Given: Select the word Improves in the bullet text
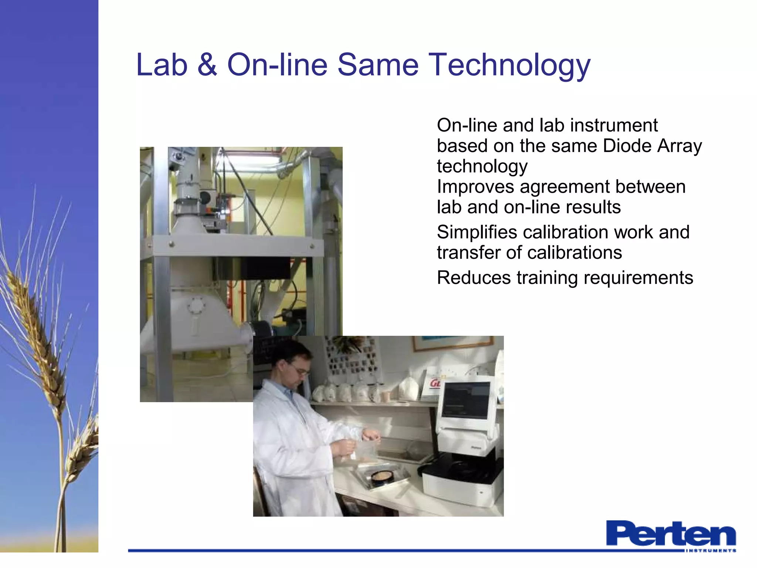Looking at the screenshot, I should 475,187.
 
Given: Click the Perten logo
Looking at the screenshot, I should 671,533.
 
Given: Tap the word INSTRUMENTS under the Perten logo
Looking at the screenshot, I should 710,551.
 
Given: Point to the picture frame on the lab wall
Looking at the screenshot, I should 453,344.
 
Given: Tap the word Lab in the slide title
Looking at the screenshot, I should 162,65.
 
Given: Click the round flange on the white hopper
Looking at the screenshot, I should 196,306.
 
